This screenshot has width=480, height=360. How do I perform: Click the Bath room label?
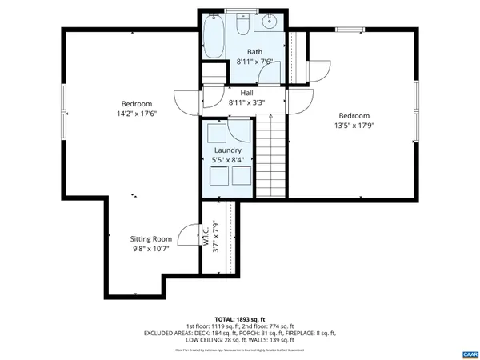click(254, 52)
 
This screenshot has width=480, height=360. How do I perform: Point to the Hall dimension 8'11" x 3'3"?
click(246, 102)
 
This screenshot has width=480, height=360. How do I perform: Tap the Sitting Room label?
click(151, 238)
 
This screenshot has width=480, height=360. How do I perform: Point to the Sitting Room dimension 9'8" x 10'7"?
click(151, 248)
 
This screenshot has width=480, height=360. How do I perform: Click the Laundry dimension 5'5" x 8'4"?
click(227, 159)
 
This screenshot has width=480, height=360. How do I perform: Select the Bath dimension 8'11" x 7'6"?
click(254, 62)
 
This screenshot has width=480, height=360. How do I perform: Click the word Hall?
click(246, 93)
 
